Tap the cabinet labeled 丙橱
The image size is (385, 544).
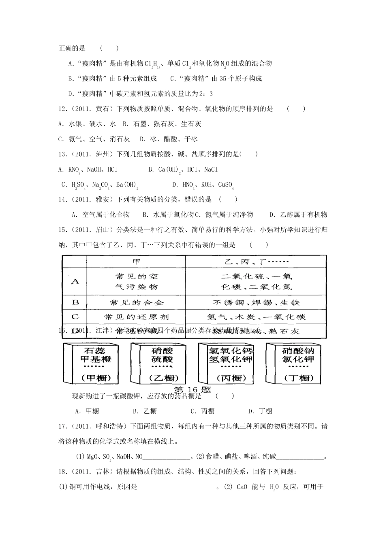tap(226, 363)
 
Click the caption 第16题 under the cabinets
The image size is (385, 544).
tap(192, 389)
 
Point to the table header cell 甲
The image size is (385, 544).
tap(136, 261)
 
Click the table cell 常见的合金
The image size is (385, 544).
tap(136, 302)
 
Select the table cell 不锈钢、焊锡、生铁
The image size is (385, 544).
tap(256, 302)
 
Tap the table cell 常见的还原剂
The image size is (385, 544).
tap(136, 317)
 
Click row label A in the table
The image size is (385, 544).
tap(75, 281)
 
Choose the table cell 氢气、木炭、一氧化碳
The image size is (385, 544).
tap(256, 317)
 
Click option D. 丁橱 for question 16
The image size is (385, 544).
tap(260, 411)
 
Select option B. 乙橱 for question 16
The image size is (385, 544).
tap(145, 411)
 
